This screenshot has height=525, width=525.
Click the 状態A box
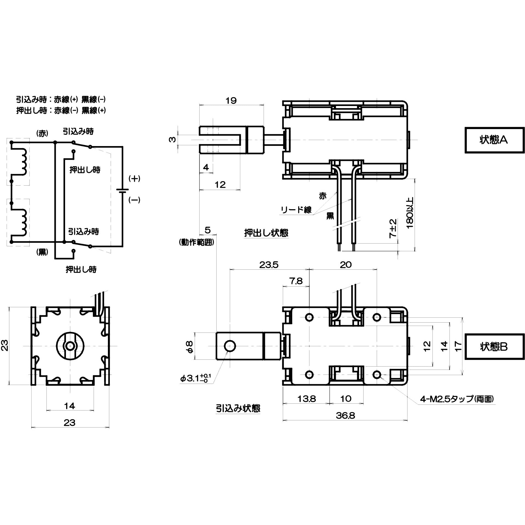494,140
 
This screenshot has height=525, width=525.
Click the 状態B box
494,347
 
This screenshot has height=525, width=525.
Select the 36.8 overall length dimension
345,415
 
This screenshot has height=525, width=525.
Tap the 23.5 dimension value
269,265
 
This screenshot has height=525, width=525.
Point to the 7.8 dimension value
296,281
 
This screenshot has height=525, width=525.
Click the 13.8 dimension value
306,398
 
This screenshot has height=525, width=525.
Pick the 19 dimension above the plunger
231,100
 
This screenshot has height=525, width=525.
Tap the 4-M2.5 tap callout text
457,399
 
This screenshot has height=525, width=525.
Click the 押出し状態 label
266,233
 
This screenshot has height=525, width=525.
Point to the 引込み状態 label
238,408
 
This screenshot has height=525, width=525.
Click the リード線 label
296,210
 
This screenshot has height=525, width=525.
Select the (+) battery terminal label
134,178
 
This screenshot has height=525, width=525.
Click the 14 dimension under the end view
69,406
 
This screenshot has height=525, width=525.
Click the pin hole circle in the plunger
230,346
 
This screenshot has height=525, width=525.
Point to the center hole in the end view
70,346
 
